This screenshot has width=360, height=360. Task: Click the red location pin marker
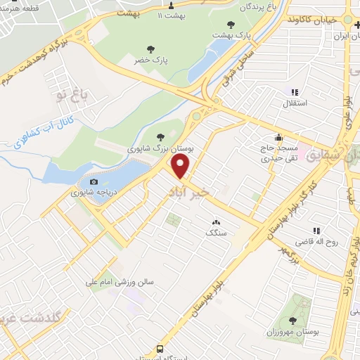coord(181,167)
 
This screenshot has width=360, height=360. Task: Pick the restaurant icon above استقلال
coord(294,92)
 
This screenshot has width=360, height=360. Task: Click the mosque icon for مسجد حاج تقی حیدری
coord(279,137)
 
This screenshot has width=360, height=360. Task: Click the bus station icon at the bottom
coord(160,348)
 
